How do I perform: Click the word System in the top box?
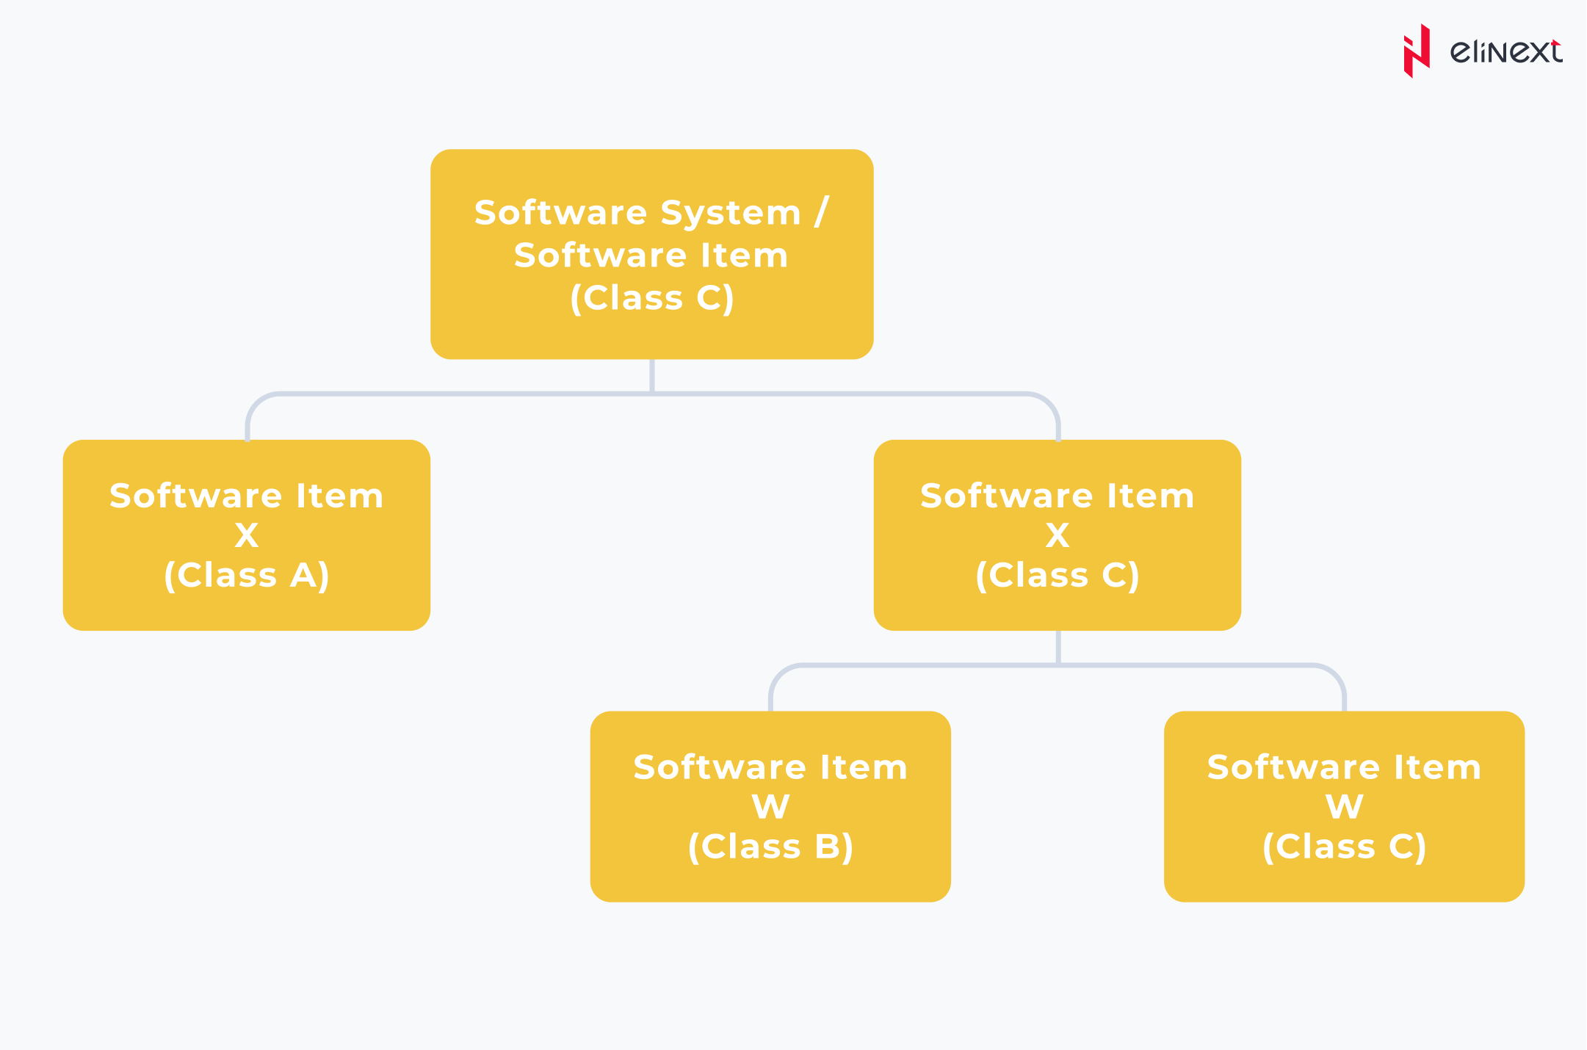tap(730, 214)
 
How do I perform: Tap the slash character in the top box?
tap(822, 212)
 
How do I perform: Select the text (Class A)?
tap(247, 575)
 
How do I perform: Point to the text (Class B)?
tap(770, 847)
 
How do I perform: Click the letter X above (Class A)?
tap(247, 535)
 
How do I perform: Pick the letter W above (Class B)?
tap(770, 807)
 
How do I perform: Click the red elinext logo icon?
tap(1417, 51)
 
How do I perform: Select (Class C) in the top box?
tap(652, 298)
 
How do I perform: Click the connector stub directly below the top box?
tap(652, 375)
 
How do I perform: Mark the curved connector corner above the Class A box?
tap(257, 405)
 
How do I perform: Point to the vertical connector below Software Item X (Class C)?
tap(1058, 647)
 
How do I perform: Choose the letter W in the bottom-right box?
tap(1344, 807)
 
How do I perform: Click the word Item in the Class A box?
tap(339, 496)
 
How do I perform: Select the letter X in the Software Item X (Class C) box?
tap(1058, 535)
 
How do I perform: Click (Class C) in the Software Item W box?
tap(1344, 847)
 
